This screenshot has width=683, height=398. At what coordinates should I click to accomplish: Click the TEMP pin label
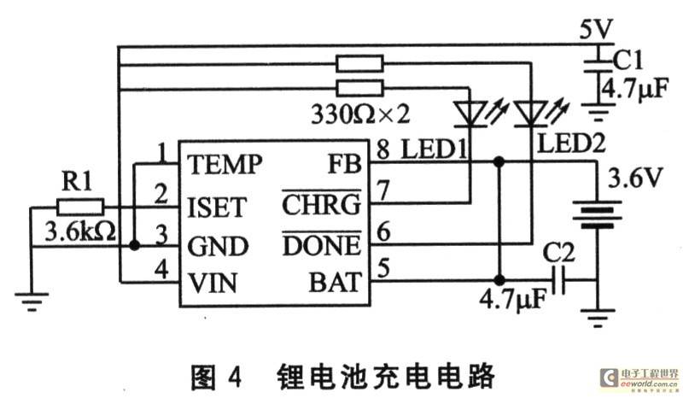click(x=225, y=164)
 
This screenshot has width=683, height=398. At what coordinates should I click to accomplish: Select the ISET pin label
click(x=217, y=207)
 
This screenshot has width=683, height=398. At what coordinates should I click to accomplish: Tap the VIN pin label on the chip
click(x=213, y=283)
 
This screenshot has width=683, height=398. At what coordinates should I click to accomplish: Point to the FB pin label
click(x=345, y=164)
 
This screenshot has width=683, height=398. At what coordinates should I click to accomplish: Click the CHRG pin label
click(x=322, y=204)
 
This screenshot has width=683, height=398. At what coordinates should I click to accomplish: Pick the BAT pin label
click(x=335, y=282)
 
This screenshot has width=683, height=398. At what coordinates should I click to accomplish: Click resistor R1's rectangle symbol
click(x=80, y=207)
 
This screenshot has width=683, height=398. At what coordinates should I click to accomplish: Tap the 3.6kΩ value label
click(x=80, y=231)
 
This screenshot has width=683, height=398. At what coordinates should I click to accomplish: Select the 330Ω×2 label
click(x=360, y=114)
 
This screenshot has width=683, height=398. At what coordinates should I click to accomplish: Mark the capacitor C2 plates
click(x=559, y=280)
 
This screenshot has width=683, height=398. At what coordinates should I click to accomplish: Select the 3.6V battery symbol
click(x=596, y=214)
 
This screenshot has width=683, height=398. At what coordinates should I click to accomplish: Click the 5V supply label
click(x=596, y=30)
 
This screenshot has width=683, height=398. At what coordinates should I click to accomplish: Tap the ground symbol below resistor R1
click(x=32, y=301)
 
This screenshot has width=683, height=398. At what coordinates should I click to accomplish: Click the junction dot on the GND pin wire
click(x=135, y=245)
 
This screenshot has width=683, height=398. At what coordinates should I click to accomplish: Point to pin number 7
click(x=382, y=191)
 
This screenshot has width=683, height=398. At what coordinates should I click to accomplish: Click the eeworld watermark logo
click(x=639, y=378)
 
